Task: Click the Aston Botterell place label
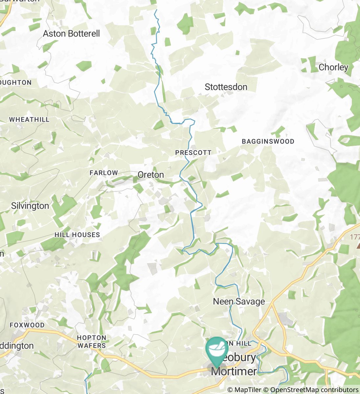[71, 34]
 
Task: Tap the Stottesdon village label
[226, 87]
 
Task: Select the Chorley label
[333, 67]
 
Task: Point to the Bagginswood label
[268, 142]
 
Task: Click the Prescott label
[193, 153]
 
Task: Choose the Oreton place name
[151, 175]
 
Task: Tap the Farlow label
[104, 173]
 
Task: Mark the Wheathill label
[29, 120]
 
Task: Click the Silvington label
[30, 206]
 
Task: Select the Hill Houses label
[77, 235]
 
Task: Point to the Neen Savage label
[239, 301]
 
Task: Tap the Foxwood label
[27, 325]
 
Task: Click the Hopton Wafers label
[91, 341]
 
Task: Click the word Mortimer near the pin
[234, 371]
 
